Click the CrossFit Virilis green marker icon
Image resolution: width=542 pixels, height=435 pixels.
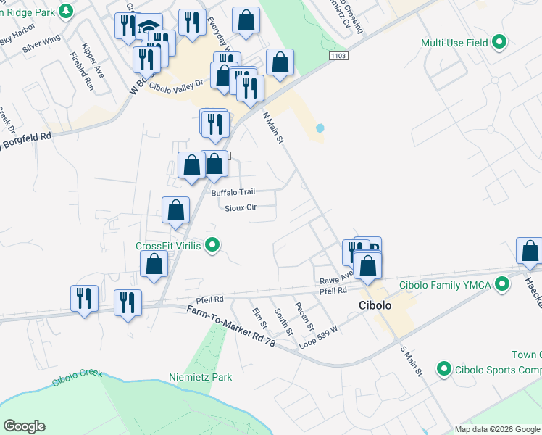click(x=212, y=245)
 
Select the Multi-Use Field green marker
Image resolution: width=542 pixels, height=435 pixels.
click(x=499, y=43)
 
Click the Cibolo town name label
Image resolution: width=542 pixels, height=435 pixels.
click(x=375, y=305)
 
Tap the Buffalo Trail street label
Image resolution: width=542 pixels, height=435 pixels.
click(x=233, y=193)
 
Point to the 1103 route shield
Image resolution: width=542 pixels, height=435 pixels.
click(x=338, y=56)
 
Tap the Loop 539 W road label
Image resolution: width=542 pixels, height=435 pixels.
click(x=318, y=338)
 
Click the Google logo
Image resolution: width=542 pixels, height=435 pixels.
click(x=24, y=426)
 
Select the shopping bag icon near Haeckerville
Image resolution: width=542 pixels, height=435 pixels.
click(x=530, y=251)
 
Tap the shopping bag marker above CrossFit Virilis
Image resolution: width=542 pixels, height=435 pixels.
click(x=175, y=211)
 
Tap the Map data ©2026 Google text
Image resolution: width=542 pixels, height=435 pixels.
click(x=496, y=429)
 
